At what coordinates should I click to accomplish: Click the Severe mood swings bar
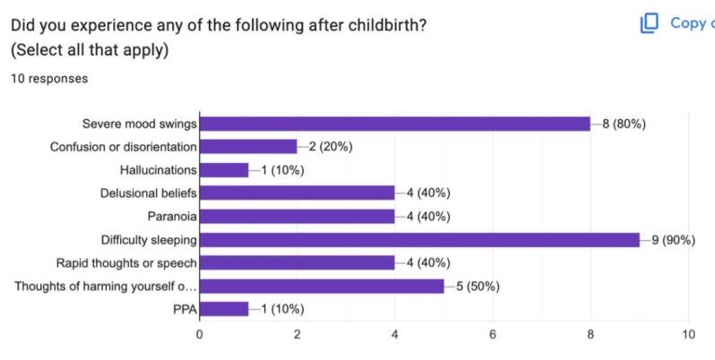point(395,124)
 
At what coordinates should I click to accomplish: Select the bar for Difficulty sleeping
point(419,240)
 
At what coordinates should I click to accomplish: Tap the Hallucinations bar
point(224,170)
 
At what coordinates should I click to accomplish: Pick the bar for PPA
point(224,309)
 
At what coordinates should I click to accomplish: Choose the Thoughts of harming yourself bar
point(322,287)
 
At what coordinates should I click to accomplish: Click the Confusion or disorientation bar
point(248,147)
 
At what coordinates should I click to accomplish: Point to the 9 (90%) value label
point(673,240)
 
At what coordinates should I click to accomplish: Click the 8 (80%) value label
point(624,124)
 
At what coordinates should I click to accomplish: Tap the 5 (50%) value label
point(478,287)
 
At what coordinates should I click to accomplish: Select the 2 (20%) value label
point(331,147)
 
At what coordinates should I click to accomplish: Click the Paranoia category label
point(172,216)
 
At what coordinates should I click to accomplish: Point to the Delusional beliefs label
point(149,193)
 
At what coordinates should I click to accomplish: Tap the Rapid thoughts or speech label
point(126,263)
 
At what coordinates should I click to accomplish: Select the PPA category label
point(185,310)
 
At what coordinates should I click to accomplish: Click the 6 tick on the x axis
point(493,335)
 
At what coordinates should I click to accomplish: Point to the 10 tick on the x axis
point(688,335)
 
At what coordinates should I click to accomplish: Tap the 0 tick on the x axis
point(199,335)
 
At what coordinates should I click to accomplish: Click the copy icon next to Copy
point(649,23)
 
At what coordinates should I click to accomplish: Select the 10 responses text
point(49,79)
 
